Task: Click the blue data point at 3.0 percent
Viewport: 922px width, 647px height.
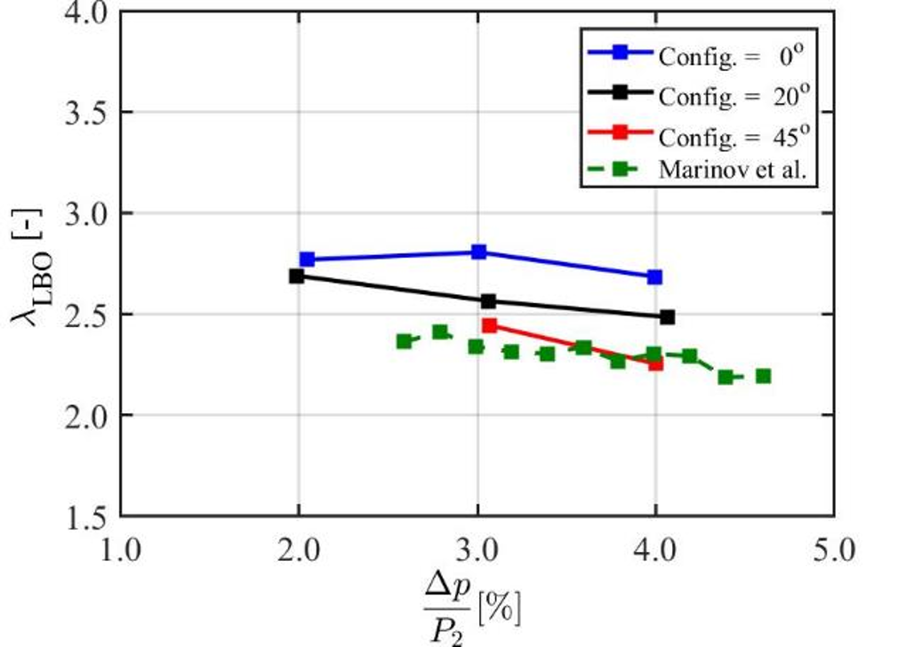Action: [x=478, y=252]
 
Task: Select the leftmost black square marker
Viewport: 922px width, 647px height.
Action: [x=297, y=276]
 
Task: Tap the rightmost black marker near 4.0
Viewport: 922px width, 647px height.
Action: [x=668, y=316]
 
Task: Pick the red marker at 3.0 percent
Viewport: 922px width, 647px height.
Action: [x=488, y=325]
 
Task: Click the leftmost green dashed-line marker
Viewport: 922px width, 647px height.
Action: [x=404, y=341]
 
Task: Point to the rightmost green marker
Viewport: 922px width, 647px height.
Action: [x=763, y=376]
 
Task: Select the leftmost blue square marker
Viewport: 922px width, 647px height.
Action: [x=308, y=260]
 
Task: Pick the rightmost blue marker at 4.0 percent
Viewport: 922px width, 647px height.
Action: [x=654, y=277]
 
